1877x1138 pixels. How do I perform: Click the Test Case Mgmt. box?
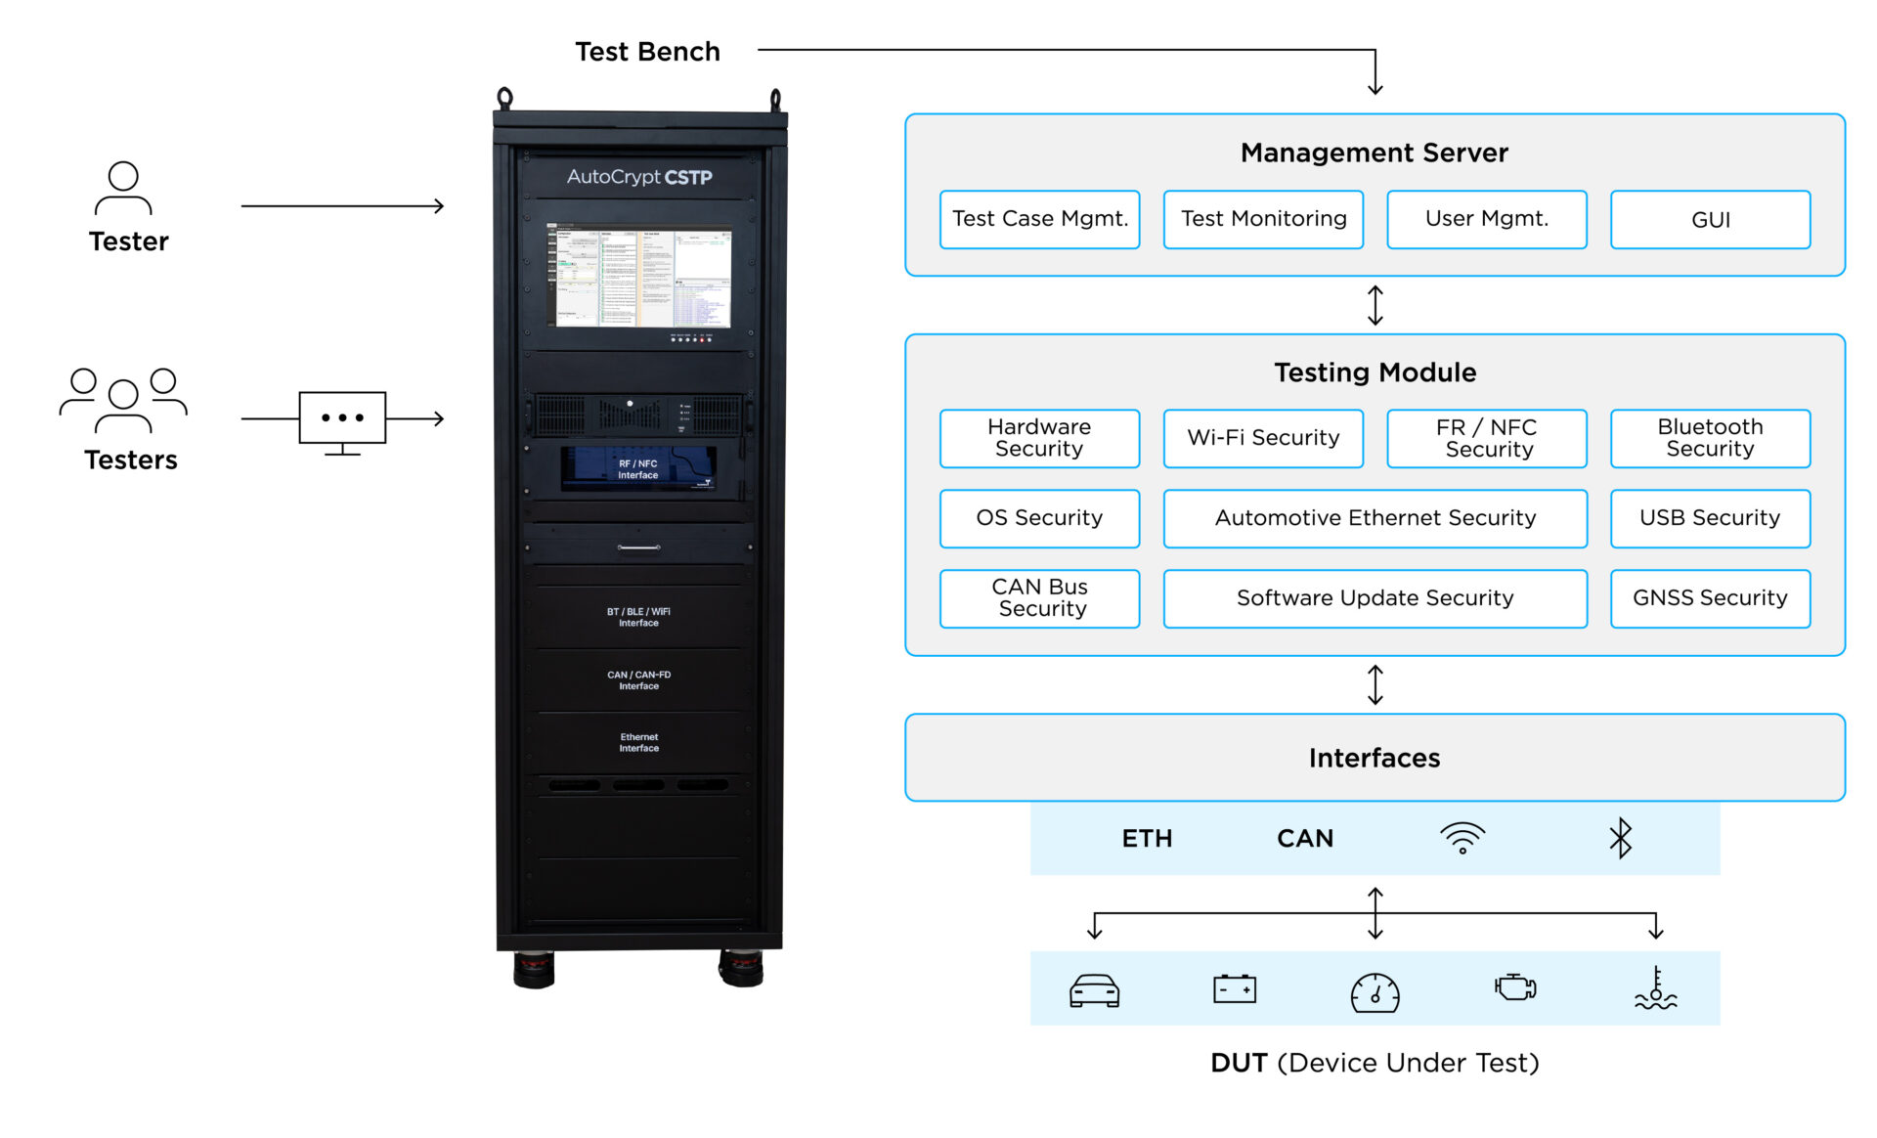coord(1039,219)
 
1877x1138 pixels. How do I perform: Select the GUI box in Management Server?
coord(1710,219)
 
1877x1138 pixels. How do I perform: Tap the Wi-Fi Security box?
coord(1263,438)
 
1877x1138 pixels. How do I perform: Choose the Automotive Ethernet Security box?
coord(1375,518)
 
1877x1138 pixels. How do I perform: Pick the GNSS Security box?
coord(1710,598)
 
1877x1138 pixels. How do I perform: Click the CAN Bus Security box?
coord(1039,598)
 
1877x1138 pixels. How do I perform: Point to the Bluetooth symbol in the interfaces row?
coord(1621,838)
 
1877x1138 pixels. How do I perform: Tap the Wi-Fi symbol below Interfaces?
coord(1462,838)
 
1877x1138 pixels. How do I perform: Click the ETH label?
coord(1147,839)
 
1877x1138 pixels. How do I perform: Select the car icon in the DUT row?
coord(1094,990)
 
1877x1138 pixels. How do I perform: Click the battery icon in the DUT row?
coord(1235,989)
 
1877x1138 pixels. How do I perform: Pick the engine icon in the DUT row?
coord(1515,987)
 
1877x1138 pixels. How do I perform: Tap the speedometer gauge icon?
coord(1375,992)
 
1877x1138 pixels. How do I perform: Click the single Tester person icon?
coord(123,188)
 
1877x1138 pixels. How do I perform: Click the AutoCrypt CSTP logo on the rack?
coord(639,177)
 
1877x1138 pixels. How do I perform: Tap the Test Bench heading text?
coord(647,52)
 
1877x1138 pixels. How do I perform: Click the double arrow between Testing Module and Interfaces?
coord(1375,684)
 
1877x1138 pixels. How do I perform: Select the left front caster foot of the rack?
coord(534,969)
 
